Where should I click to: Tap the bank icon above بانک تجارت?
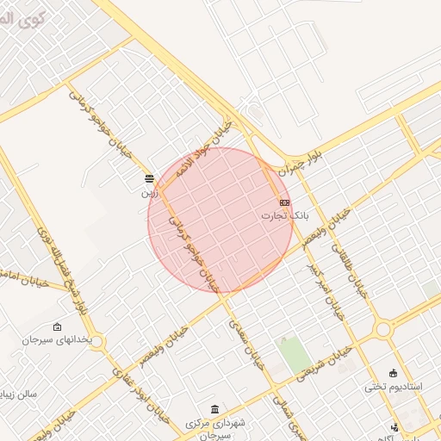point(284,202)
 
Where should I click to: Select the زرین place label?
point(150,193)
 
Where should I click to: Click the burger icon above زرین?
point(150,179)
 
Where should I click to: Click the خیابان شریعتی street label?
point(324,366)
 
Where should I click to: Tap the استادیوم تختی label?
point(394,387)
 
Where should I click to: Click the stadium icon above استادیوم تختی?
point(394,373)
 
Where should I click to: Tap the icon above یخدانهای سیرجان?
point(58,326)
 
